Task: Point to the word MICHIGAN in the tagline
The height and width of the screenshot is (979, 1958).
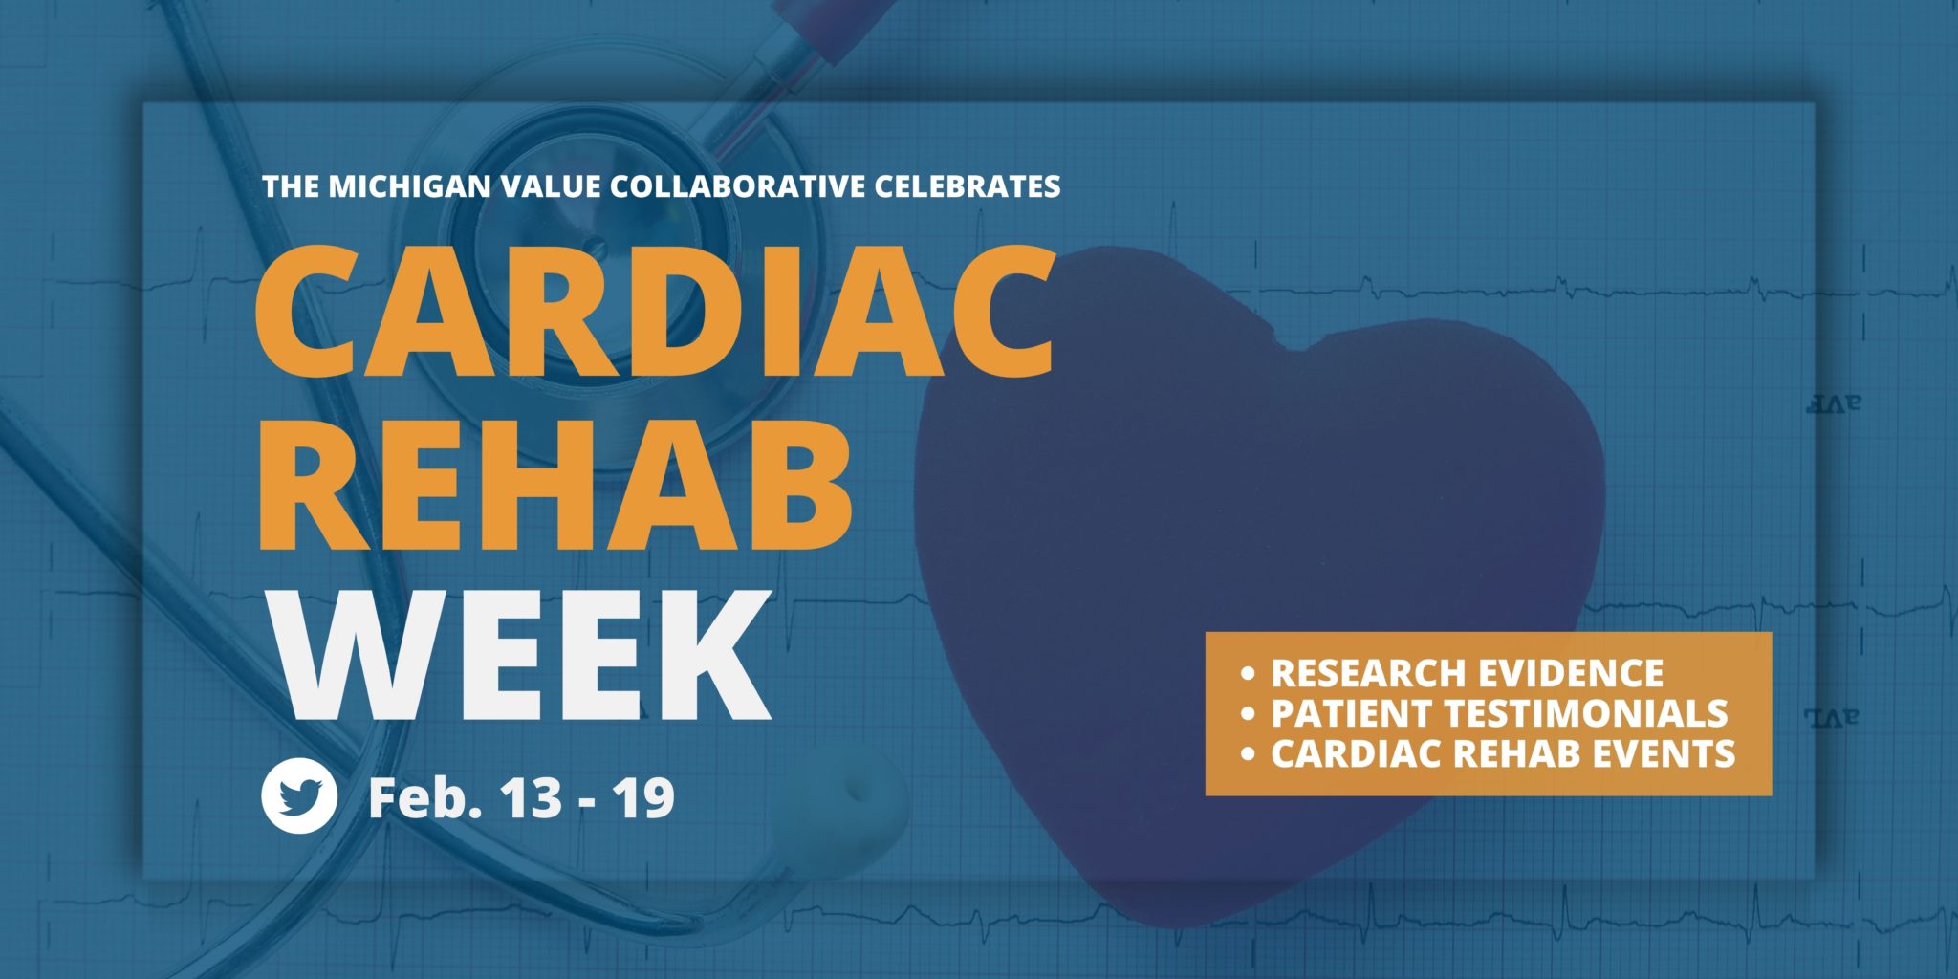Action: (x=410, y=185)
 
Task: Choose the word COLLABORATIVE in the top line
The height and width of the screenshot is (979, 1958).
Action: (x=736, y=185)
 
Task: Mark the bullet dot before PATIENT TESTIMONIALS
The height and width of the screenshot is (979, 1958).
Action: (x=1247, y=714)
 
